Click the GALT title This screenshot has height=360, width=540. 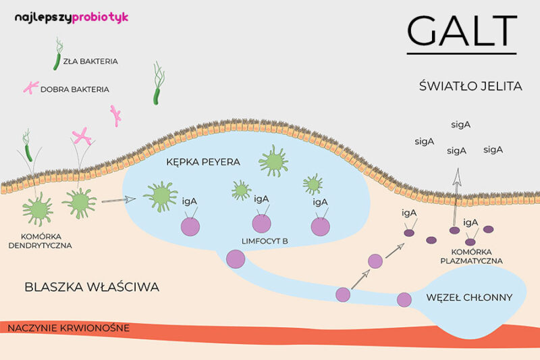click(x=462, y=30)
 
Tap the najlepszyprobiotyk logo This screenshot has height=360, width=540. click(x=71, y=17)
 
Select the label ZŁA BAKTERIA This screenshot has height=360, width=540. click(x=90, y=61)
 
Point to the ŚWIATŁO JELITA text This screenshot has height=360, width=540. click(x=461, y=86)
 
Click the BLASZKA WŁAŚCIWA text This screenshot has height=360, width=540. click(x=92, y=287)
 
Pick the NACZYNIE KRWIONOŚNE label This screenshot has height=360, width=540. click(x=68, y=328)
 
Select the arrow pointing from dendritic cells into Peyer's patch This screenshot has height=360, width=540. click(x=118, y=199)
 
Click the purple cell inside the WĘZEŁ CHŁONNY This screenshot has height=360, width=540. click(x=404, y=299)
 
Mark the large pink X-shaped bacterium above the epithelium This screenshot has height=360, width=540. click(x=82, y=137)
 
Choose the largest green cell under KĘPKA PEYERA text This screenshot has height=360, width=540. click(x=273, y=161)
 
